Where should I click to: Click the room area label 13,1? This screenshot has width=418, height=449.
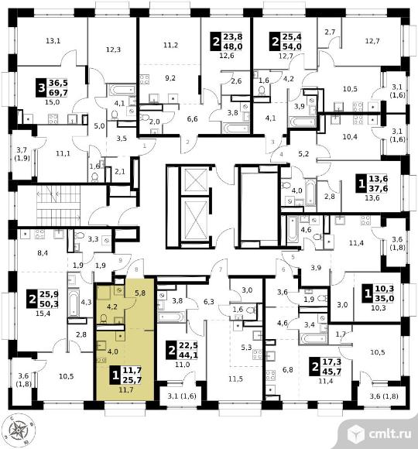click(53, 41)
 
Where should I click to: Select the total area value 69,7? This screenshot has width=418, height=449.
click(58, 92)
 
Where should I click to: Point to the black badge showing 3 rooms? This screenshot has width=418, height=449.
click(42, 87)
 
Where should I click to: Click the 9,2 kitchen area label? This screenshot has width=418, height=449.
click(170, 78)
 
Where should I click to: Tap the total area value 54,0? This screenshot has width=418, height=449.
click(292, 46)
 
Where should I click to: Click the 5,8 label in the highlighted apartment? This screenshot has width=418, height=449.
click(139, 293)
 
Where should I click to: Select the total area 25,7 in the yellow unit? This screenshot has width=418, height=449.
click(132, 380)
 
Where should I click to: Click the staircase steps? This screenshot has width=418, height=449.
click(58, 205)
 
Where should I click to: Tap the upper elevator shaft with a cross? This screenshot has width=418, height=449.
click(196, 180)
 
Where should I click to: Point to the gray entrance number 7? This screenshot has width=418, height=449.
click(221, 269)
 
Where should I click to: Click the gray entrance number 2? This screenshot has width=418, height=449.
click(188, 142)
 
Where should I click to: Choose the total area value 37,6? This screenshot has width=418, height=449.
click(378, 188)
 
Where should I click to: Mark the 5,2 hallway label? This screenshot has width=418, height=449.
click(303, 154)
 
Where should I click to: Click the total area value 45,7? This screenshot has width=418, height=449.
click(332, 372)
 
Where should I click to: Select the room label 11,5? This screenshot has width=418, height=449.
click(235, 379)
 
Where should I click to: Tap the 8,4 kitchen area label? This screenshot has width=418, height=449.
click(43, 253)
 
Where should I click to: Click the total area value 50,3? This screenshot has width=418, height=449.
click(49, 303)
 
